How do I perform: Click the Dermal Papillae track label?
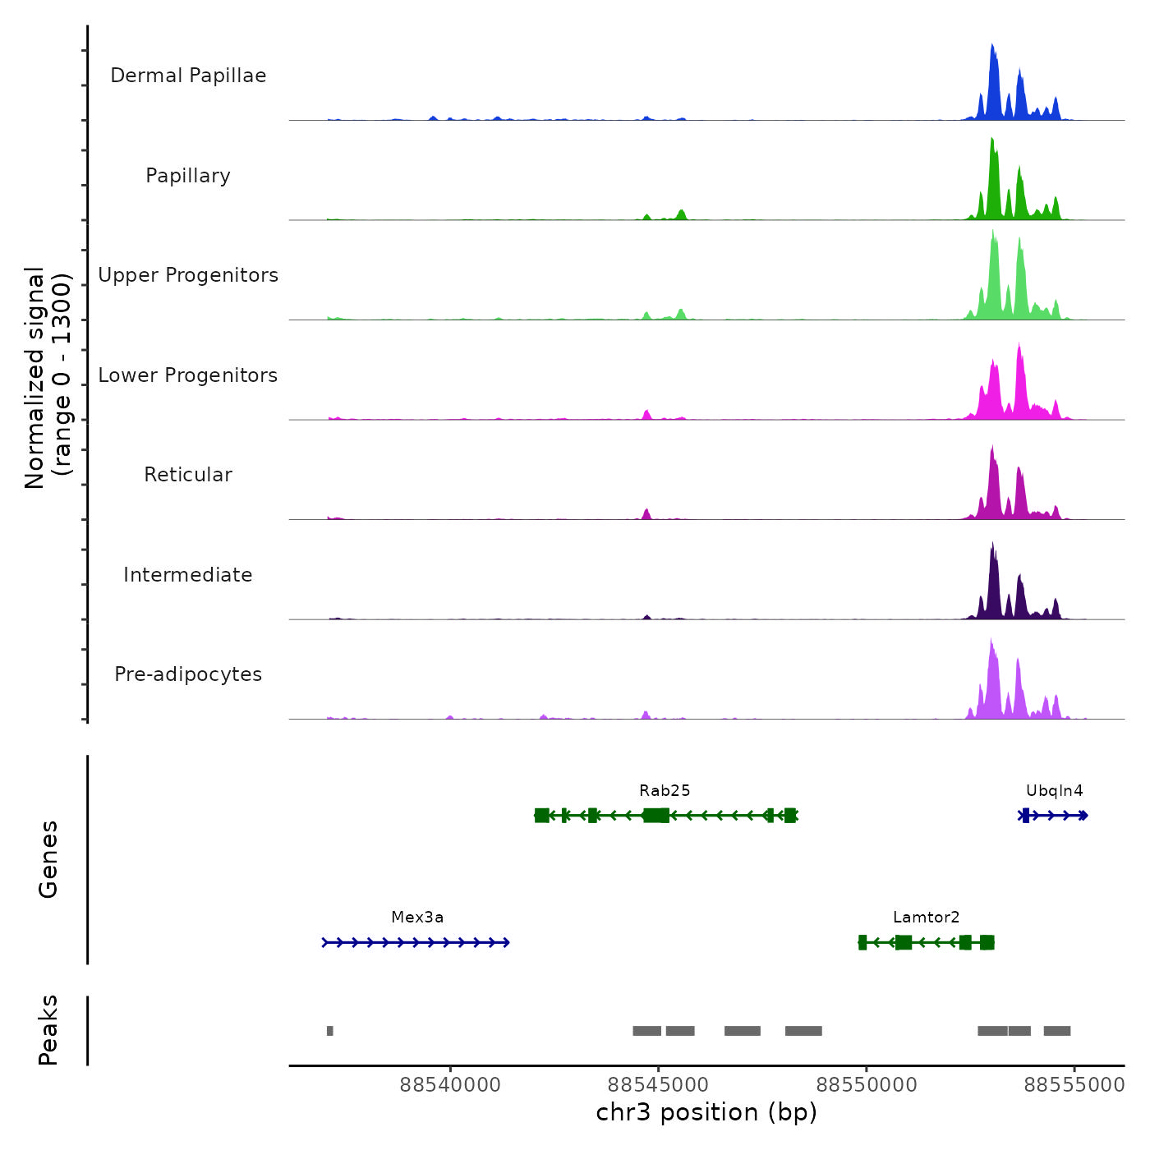click(x=188, y=76)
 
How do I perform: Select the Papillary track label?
click(x=188, y=176)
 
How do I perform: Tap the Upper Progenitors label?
click(x=188, y=275)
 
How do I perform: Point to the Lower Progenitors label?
click(x=188, y=375)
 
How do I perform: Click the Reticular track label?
click(x=188, y=475)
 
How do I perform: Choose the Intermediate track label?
click(x=188, y=575)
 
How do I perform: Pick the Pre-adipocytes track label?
click(x=188, y=674)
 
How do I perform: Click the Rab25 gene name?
click(x=665, y=791)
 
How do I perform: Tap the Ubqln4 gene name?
click(x=1054, y=791)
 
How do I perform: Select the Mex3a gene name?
click(x=417, y=918)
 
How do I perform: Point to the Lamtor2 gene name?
click(x=926, y=918)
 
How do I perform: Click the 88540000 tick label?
click(x=450, y=1085)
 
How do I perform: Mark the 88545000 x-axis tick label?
click(x=658, y=1085)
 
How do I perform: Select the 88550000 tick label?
click(x=866, y=1085)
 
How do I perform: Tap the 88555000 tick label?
click(x=1074, y=1085)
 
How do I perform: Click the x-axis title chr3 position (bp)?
click(x=706, y=1113)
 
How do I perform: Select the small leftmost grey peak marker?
click(x=330, y=1031)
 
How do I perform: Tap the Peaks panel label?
click(x=48, y=1030)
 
